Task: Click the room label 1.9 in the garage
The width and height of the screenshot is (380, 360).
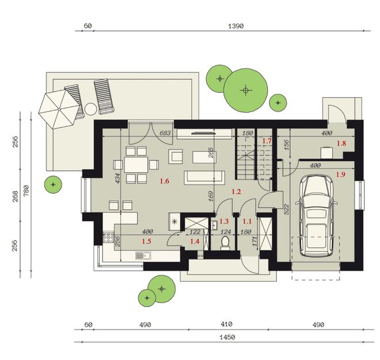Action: click(x=340, y=174)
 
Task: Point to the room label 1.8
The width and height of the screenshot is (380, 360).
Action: click(x=341, y=143)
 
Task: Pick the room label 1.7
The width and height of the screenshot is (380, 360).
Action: click(x=267, y=140)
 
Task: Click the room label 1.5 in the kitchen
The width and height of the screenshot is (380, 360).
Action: click(x=146, y=242)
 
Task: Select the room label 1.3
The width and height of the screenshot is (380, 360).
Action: click(x=224, y=221)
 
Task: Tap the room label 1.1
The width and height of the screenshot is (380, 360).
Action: click(x=248, y=221)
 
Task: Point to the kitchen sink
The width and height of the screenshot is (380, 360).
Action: click(x=143, y=256)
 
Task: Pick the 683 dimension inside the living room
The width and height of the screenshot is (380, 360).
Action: click(x=165, y=133)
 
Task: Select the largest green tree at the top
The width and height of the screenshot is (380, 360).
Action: click(x=246, y=90)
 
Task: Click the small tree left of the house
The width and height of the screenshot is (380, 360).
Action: click(x=53, y=185)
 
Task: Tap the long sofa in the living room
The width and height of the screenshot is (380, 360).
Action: click(x=204, y=177)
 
